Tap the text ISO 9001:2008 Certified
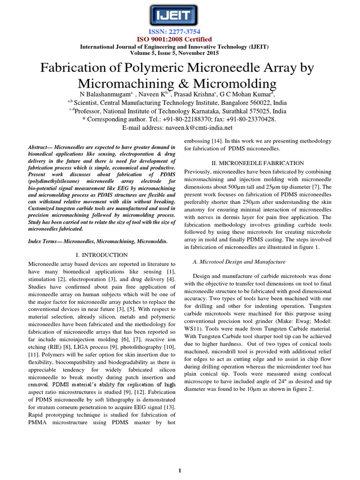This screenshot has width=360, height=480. pos(180,39)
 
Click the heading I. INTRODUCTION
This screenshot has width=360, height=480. pos(102,255)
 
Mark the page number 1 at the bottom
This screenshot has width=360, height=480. pos(180,470)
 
